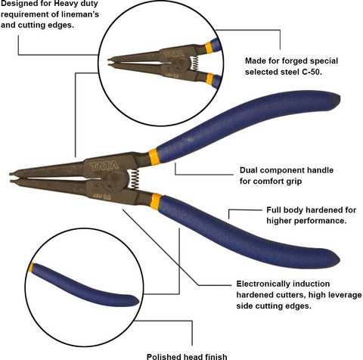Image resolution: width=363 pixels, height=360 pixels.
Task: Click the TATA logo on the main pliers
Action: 104,166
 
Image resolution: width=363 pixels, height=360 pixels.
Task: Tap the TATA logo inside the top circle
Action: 174,54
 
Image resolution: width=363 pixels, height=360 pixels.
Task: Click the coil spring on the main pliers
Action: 135,178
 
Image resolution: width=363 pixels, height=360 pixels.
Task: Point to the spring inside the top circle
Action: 194,63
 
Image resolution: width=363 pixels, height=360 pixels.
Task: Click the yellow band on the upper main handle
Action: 154,157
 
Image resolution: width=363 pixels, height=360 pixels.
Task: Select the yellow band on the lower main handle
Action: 156,201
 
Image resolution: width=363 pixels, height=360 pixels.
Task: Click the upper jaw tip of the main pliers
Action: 11,174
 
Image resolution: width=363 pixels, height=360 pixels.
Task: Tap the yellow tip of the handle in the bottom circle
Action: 31,268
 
